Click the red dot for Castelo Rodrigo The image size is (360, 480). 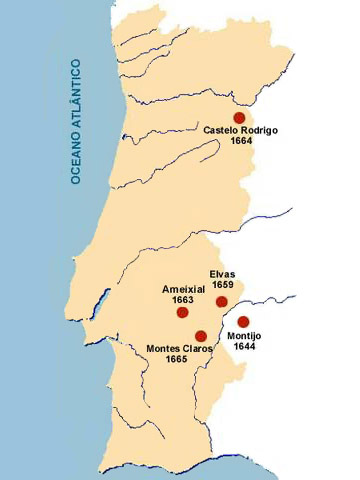239,117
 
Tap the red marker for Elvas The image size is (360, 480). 222,301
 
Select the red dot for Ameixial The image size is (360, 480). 182,312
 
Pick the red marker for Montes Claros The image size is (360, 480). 201,336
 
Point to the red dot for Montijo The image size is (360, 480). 243,321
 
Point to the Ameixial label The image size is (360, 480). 183,288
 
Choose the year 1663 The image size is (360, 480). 183,299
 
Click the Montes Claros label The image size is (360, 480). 180,348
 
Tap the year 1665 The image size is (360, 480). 180,359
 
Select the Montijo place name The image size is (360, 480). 245,336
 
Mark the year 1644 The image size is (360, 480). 245,347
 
